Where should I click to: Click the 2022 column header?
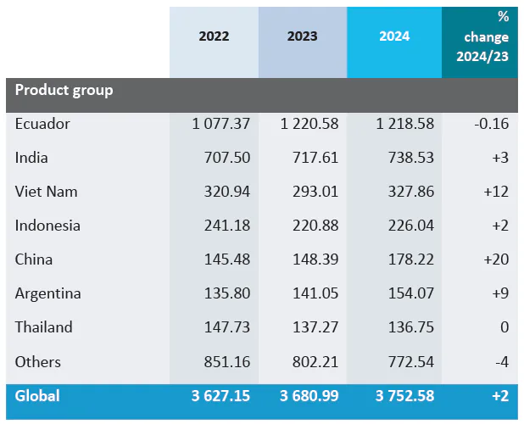click(x=214, y=36)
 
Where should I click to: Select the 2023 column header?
click(x=303, y=36)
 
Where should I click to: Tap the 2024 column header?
click(x=394, y=36)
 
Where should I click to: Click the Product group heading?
click(x=64, y=90)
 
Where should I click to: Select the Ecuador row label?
click(x=42, y=124)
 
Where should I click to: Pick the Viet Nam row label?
click(x=46, y=192)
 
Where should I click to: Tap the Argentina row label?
click(x=48, y=293)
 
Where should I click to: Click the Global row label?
click(x=37, y=396)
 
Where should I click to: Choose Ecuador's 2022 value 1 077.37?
click(x=221, y=124)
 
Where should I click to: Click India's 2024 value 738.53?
click(x=405, y=158)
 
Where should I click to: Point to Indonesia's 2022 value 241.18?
click(x=227, y=226)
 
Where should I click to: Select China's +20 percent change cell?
click(x=495, y=259)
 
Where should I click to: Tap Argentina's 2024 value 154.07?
click(x=405, y=293)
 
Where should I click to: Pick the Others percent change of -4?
click(x=501, y=362)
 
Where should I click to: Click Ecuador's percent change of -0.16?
click(x=491, y=124)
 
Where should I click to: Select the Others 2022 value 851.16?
click(x=227, y=362)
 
